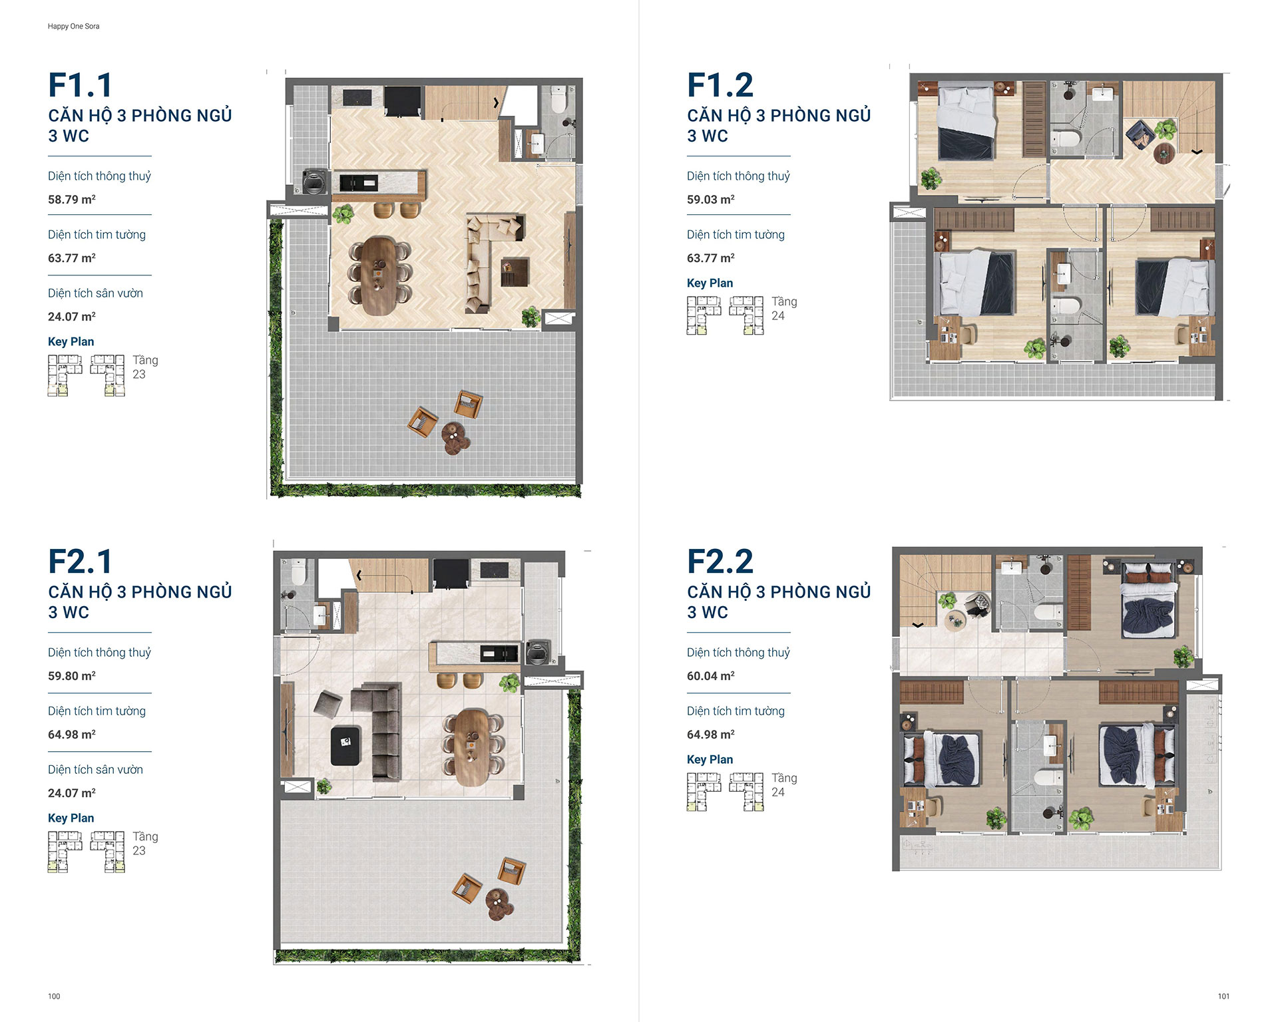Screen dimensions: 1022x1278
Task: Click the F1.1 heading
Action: (81, 85)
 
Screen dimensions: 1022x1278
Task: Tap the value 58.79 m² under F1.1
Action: (72, 200)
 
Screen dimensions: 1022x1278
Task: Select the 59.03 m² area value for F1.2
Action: (711, 200)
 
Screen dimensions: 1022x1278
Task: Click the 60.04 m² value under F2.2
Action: (711, 676)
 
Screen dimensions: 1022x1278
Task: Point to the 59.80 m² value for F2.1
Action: (72, 676)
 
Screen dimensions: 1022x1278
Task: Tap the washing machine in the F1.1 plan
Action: (314, 181)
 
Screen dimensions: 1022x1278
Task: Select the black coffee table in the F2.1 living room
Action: (345, 745)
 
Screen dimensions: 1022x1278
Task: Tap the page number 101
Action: (1223, 996)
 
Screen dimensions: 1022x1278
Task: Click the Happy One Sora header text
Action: (73, 27)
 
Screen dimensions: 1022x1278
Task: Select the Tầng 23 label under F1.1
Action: (144, 367)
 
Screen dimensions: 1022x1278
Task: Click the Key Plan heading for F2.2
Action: (710, 759)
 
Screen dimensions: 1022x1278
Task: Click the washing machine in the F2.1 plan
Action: (536, 653)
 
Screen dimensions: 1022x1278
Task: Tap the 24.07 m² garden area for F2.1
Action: (72, 793)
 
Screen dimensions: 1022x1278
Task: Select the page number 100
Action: (54, 996)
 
